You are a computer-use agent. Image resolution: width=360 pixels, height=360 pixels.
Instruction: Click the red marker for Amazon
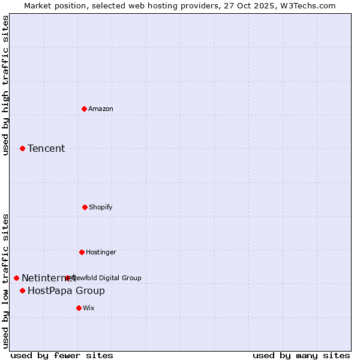pos(85,109)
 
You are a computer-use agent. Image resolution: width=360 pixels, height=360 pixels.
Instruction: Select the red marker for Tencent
pos(22,148)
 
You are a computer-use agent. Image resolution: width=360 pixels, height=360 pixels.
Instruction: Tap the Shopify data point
pos(85,207)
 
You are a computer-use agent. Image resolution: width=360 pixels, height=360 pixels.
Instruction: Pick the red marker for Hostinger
pos(82,252)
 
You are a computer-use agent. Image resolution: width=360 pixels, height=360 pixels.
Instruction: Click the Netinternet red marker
pos(16,278)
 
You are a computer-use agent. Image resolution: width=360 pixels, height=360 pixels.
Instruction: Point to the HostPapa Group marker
pos(22,290)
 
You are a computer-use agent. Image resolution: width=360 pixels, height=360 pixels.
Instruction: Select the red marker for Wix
pos(79,308)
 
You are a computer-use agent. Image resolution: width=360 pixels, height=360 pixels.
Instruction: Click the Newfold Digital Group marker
pos(67,278)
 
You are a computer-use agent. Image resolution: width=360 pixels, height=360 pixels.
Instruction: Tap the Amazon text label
pos(101,109)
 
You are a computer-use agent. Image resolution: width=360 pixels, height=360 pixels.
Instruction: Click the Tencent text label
pos(46,148)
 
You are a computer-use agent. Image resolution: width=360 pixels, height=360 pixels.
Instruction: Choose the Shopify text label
pos(101,207)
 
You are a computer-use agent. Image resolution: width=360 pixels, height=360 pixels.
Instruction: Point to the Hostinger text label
pos(101,252)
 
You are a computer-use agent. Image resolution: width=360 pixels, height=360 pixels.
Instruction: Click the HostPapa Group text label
pos(66,291)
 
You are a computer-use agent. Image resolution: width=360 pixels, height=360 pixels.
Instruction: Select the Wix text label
pos(89,308)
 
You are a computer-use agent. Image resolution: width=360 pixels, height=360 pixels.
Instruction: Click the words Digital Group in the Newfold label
pos(120,278)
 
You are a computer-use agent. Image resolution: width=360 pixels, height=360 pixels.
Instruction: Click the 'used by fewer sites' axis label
pos(62,355)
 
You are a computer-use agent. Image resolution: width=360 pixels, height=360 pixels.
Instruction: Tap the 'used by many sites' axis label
pos(301,355)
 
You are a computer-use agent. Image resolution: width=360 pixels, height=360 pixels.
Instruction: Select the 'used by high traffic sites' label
pos(6,85)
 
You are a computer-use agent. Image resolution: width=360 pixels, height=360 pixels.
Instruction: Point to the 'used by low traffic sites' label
pos(6,280)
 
